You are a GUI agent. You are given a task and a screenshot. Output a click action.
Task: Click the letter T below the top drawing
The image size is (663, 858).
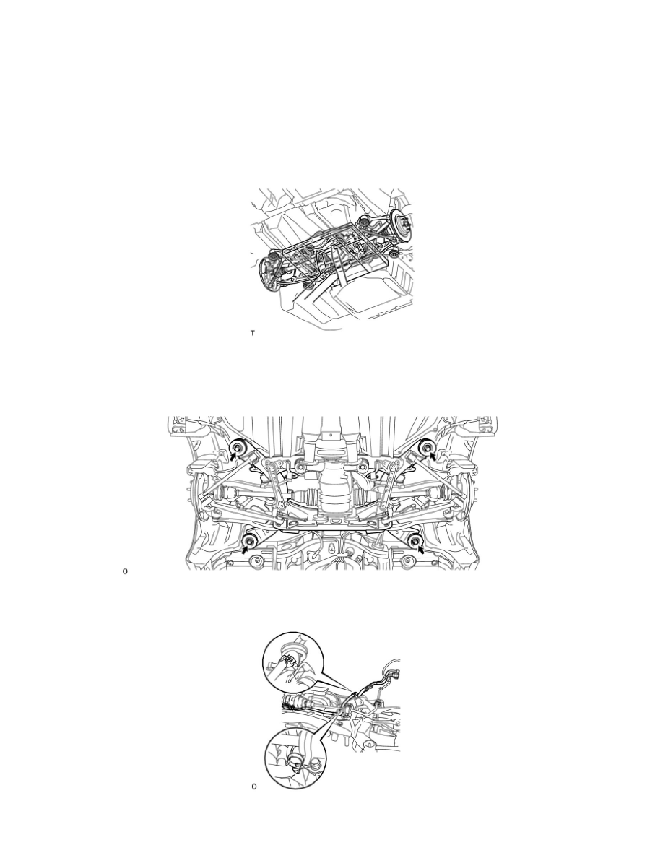[x=253, y=333]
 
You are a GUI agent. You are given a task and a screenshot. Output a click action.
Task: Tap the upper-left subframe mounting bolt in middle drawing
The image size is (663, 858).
[x=240, y=449]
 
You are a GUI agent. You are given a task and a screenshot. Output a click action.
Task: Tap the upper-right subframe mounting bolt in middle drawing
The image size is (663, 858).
[x=426, y=449]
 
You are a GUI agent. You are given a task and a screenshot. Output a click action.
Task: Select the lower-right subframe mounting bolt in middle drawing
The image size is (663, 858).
[x=415, y=541]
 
